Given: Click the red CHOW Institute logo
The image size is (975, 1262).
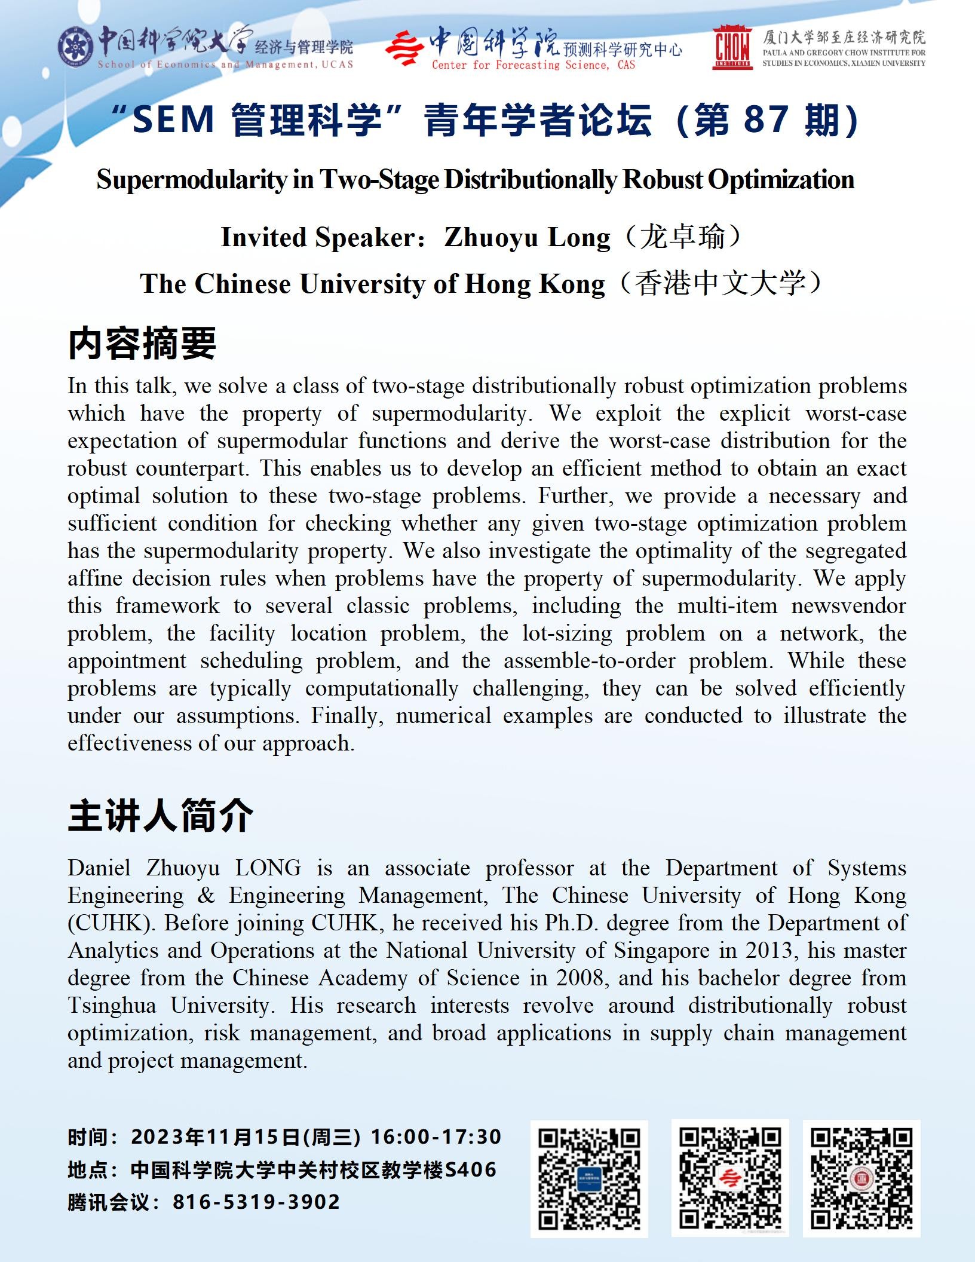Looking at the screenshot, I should point(732,47).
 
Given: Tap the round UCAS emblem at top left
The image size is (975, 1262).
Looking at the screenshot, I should point(75,46).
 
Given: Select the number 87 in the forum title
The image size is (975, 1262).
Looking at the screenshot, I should point(765,120).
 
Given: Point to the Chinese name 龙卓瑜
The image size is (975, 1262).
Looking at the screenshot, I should point(682,237).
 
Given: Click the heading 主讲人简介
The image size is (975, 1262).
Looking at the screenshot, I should point(160,816).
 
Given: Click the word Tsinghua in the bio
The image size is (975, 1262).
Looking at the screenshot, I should point(112,1005).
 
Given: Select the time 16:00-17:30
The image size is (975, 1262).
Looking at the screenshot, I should point(436,1137).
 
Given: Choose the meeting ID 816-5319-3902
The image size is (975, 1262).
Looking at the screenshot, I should point(256,1202).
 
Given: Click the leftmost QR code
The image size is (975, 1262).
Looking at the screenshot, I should point(589,1178).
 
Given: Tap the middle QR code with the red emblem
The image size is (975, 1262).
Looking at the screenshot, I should point(730,1178).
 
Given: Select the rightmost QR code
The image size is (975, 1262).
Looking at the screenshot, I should point(861,1178).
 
